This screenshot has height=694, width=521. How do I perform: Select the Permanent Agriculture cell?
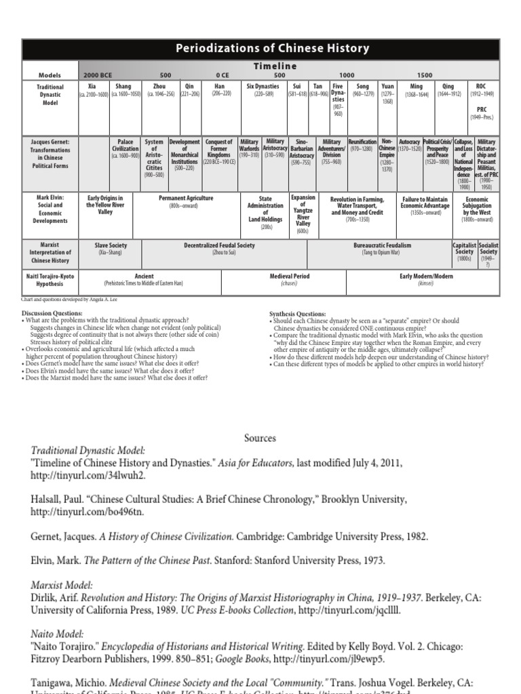pos(191,202)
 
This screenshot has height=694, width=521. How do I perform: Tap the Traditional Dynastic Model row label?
pos(51,95)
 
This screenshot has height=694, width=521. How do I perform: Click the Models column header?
pos(51,74)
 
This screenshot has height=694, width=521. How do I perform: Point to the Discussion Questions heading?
pos(54,313)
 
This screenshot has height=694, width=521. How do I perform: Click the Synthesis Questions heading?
pos(297,314)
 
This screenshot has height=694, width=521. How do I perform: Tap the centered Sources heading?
pos(260,438)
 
